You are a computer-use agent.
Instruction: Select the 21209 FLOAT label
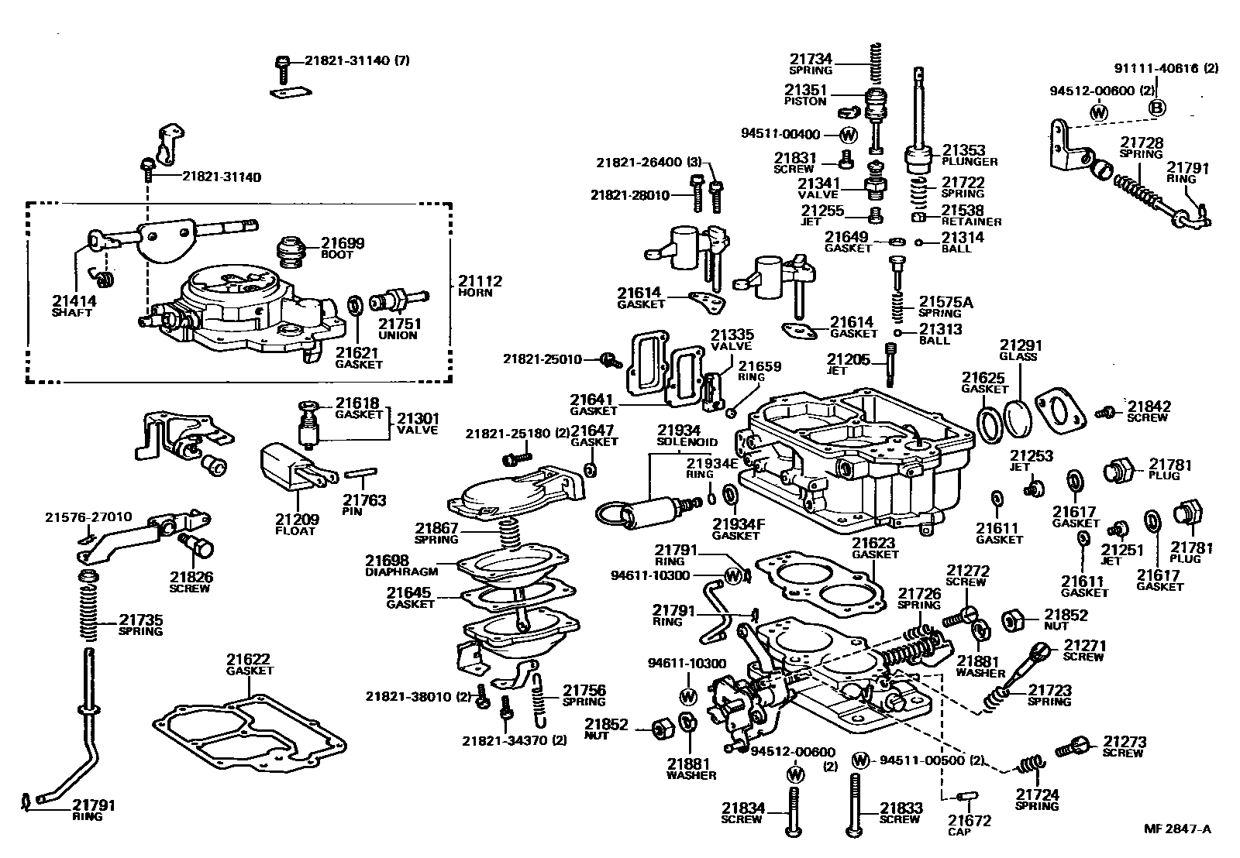pyautogui.click(x=296, y=524)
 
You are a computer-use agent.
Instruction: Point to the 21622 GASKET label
pyautogui.click(x=250, y=664)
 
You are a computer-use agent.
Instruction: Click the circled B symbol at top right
pyautogui.click(x=1156, y=108)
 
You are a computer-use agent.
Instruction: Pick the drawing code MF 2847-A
pyautogui.click(x=1177, y=829)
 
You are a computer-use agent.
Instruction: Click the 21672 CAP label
pyautogui.click(x=969, y=825)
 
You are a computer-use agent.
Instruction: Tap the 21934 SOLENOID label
pyautogui.click(x=678, y=435)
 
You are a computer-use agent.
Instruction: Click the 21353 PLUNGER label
pyautogui.click(x=969, y=155)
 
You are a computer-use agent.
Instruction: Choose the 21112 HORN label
pyautogui.click(x=480, y=286)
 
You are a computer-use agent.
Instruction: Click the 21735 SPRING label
pyautogui.click(x=140, y=624)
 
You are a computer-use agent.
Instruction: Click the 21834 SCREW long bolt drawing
pyautogui.click(x=793, y=809)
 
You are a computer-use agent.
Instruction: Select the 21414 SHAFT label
pyautogui.click(x=72, y=305)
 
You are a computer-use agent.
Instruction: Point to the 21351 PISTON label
pyautogui.click(x=806, y=94)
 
